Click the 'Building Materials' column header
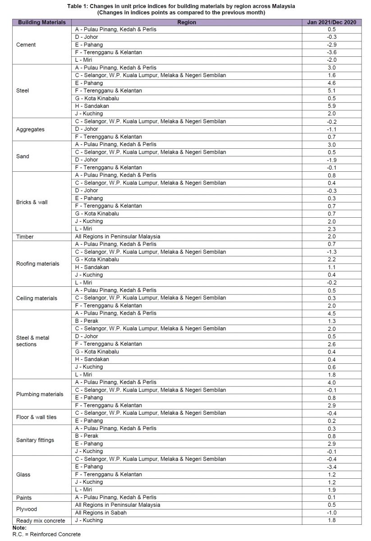point(41,22)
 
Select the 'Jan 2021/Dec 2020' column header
point(331,22)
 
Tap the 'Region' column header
point(187,22)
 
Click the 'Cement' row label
point(26,45)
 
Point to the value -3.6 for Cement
point(331,52)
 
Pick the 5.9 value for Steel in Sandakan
point(331,106)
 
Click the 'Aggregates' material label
point(30,129)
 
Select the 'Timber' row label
point(25,236)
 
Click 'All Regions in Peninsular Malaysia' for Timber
point(118,236)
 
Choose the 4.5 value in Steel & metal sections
point(331,313)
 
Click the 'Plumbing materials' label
point(40,394)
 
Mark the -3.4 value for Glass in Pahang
point(331,467)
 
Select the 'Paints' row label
point(24,497)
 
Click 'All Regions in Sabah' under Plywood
point(101,513)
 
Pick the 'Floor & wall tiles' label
point(37,417)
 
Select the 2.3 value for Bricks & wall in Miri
point(331,229)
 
